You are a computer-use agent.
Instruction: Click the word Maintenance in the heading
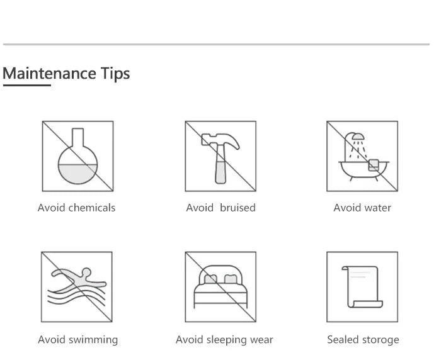pyautogui.click(x=50, y=74)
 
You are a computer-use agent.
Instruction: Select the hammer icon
pyautogui.click(x=220, y=157)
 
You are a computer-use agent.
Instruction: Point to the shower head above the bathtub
pyautogui.click(x=358, y=137)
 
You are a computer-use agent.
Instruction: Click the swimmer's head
pyautogui.click(x=86, y=272)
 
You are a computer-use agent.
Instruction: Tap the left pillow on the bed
pyautogui.click(x=210, y=279)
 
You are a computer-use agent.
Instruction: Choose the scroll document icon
pyautogui.click(x=362, y=286)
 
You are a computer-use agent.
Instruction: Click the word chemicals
pyautogui.click(x=92, y=208)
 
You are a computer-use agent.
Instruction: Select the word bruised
pyautogui.click(x=238, y=208)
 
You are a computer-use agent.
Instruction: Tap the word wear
pyautogui.click(x=261, y=340)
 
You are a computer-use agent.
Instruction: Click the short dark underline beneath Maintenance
pyautogui.click(x=27, y=85)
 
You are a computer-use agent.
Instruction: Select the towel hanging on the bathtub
pyautogui.click(x=374, y=165)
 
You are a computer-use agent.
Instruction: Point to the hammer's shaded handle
pyautogui.click(x=220, y=172)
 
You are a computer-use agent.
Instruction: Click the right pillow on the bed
pyautogui.click(x=230, y=279)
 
